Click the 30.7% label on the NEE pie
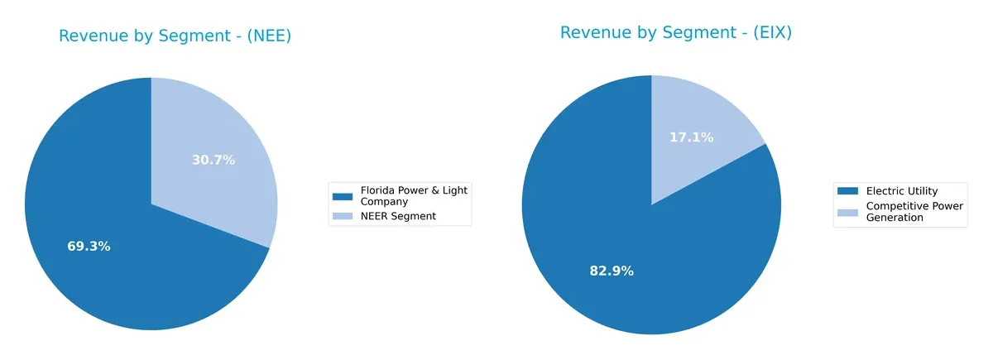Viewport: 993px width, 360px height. (213, 160)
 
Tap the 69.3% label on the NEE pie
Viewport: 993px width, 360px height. (89, 247)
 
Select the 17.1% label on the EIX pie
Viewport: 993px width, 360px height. (691, 137)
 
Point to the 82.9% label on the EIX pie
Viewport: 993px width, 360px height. (612, 271)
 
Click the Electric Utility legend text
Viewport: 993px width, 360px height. (901, 191)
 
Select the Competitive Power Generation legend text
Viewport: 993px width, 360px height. (914, 211)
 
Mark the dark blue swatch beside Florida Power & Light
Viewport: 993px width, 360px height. (342, 196)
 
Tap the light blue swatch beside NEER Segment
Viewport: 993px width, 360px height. (342, 216)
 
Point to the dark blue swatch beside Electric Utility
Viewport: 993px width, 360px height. (847, 191)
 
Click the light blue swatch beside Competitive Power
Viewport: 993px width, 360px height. (847, 212)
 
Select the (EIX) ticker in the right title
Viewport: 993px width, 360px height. (766, 32)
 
